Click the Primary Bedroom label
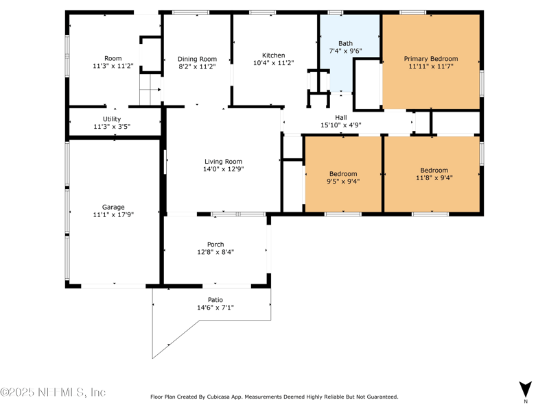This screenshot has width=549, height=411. click(431, 59)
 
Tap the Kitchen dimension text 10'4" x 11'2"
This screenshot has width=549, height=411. click(273, 63)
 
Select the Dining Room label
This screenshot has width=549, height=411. click(197, 59)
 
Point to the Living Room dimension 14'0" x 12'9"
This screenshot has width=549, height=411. click(224, 169)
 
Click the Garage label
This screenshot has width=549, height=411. click(113, 208)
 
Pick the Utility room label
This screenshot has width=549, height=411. click(112, 119)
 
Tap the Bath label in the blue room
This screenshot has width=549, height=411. click(345, 43)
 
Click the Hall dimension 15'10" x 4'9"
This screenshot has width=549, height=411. click(341, 125)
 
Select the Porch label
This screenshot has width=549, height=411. click(215, 245)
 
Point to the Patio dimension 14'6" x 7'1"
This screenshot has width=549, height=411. click(215, 308)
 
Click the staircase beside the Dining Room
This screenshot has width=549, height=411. click(150, 89)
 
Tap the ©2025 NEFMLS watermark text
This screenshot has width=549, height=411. click(53, 392)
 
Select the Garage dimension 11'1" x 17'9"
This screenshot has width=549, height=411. click(113, 214)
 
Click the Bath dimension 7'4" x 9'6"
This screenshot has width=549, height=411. click(345, 51)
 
